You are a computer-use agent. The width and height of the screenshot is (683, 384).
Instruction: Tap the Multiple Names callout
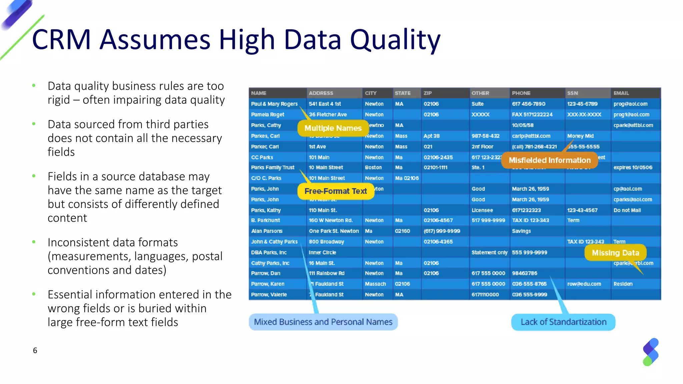pyautogui.click(x=332, y=128)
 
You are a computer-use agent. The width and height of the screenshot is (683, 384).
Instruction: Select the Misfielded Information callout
pyautogui.click(x=549, y=160)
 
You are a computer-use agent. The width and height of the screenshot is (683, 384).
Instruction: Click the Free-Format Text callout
pyautogui.click(x=335, y=191)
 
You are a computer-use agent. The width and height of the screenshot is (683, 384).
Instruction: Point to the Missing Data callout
pyautogui.click(x=615, y=253)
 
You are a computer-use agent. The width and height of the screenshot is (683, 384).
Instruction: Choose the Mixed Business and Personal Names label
pyautogui.click(x=323, y=322)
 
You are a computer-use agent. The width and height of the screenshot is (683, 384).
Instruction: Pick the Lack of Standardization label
pyautogui.click(x=563, y=322)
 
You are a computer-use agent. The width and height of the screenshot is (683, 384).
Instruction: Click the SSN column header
pyautogui.click(x=572, y=93)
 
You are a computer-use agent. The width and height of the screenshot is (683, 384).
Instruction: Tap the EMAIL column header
pyautogui.click(x=621, y=93)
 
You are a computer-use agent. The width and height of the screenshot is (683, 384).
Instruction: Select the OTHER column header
pyautogui.click(x=480, y=93)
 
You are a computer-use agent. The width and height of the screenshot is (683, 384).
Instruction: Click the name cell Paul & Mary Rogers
pyautogui.click(x=274, y=104)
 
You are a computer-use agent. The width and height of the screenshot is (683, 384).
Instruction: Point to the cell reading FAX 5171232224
pyautogui.click(x=532, y=115)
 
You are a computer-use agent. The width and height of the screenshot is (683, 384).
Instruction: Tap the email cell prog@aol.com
pyautogui.click(x=630, y=104)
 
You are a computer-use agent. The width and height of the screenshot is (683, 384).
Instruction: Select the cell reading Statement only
pyautogui.click(x=489, y=253)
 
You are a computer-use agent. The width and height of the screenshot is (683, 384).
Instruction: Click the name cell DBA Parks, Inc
pyautogui.click(x=269, y=253)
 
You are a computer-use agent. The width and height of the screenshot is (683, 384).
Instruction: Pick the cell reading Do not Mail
pyautogui.click(x=627, y=210)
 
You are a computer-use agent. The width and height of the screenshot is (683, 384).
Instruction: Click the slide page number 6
pyautogui.click(x=35, y=350)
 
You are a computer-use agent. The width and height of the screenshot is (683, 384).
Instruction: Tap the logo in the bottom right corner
pyautogui.click(x=650, y=352)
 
